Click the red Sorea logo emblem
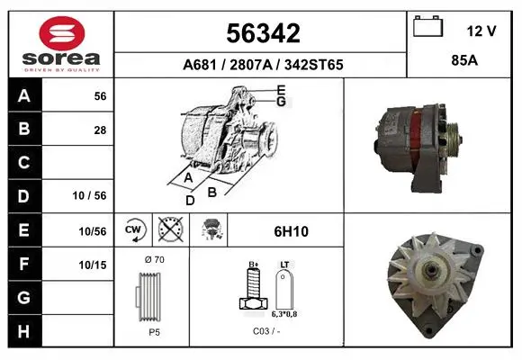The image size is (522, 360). click(x=62, y=33)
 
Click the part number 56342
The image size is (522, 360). click(x=263, y=33)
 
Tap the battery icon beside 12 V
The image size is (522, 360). click(x=427, y=26)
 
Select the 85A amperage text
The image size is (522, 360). click(x=464, y=60)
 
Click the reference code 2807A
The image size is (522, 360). click(x=251, y=65)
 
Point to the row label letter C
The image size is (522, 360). click(x=23, y=162)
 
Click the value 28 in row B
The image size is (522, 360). click(x=100, y=130)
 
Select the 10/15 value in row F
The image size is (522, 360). click(x=93, y=265)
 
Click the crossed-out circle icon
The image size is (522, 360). click(x=171, y=229)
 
